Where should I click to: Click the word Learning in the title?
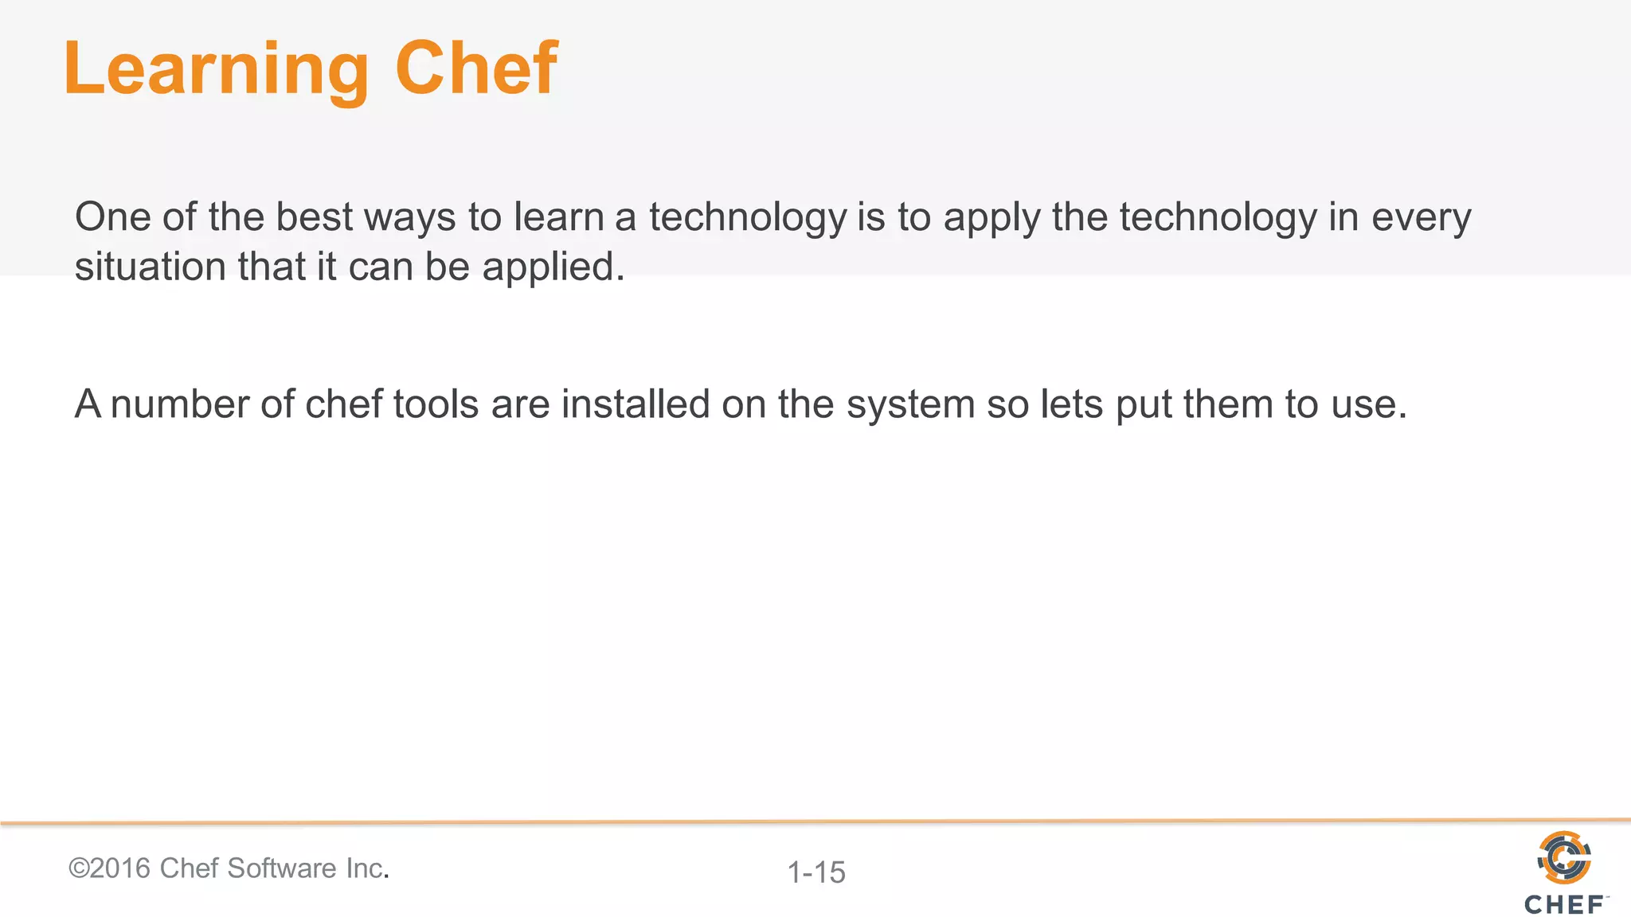pos(216,70)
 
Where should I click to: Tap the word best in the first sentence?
pos(314,217)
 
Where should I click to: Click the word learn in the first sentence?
pos(559,217)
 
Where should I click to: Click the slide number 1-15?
pos(816,872)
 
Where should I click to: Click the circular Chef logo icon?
pos(1564,857)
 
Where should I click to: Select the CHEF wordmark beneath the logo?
pos(1564,904)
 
